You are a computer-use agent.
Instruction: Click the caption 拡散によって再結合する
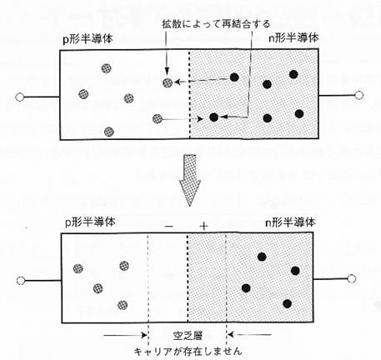click(x=216, y=24)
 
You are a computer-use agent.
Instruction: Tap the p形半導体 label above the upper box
click(x=88, y=39)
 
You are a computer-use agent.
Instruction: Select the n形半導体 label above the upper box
click(x=293, y=37)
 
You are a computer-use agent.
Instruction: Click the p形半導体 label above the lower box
click(x=90, y=222)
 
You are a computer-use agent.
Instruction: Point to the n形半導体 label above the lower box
click(x=290, y=222)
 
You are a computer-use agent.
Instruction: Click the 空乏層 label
click(x=188, y=336)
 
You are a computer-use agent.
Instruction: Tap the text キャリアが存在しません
click(x=188, y=352)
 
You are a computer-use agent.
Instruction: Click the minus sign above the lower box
click(x=169, y=227)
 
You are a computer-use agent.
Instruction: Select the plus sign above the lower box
click(x=203, y=227)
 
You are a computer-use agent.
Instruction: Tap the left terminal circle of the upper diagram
click(x=20, y=97)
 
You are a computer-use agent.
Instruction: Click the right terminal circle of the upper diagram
click(x=359, y=95)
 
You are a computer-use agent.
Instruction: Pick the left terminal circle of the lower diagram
click(x=21, y=281)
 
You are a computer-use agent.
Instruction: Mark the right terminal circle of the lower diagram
click(x=352, y=278)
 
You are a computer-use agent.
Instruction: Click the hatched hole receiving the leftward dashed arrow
click(x=168, y=82)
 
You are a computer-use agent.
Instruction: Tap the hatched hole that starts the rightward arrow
click(x=158, y=119)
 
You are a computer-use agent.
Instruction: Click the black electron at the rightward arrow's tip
click(x=213, y=117)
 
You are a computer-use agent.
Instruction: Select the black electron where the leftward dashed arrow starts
click(x=234, y=77)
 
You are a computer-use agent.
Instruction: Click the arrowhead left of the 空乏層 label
click(x=144, y=335)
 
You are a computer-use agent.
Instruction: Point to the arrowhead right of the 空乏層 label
click(x=231, y=334)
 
